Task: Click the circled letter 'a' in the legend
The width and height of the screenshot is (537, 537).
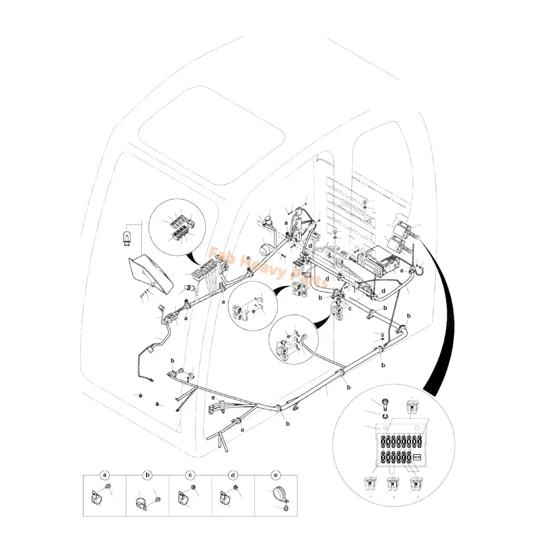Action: [105, 475]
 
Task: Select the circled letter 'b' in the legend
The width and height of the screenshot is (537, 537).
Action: [148, 475]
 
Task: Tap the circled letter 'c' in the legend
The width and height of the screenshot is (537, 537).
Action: [190, 475]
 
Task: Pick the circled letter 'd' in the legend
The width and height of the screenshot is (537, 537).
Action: [233, 475]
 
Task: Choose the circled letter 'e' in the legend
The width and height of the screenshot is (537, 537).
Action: [276, 475]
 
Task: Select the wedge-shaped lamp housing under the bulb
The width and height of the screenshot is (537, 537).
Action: [150, 274]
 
